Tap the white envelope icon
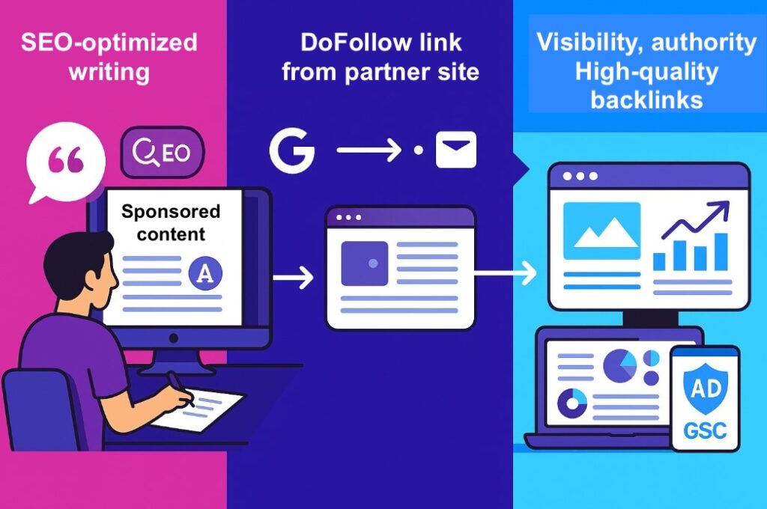456,151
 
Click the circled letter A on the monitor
204,273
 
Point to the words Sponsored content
171,222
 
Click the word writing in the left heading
109,73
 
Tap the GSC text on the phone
705,432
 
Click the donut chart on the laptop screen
575,402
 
